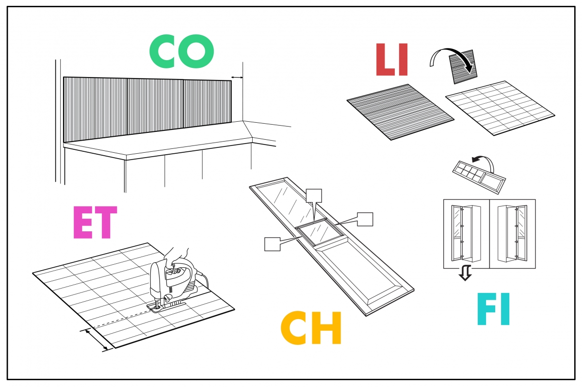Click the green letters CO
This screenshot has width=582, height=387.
tap(181, 51)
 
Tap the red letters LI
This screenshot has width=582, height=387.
tap(392, 60)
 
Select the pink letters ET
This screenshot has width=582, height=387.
tap(95, 223)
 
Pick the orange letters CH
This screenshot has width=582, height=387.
tap(311, 328)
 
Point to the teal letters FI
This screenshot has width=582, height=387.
tap(494, 309)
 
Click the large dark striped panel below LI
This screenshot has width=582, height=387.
tap(400, 111)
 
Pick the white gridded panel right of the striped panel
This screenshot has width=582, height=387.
tap(500, 107)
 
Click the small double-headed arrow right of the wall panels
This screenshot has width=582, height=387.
tap(237, 77)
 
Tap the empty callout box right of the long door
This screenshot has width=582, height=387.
tap(365, 219)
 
